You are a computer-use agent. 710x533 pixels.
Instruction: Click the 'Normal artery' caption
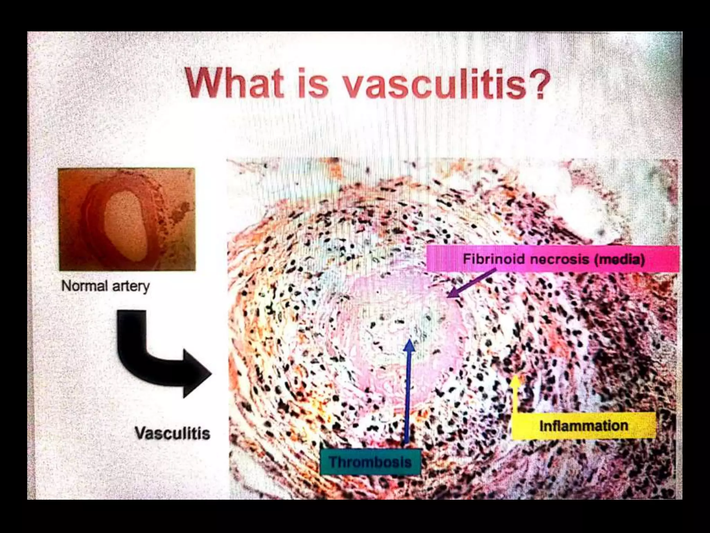pos(105,286)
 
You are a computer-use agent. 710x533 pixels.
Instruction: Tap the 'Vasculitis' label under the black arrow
pos(172,433)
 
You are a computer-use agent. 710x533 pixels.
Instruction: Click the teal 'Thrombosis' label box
pos(370,462)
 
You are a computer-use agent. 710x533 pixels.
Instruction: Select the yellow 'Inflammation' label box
pos(584,426)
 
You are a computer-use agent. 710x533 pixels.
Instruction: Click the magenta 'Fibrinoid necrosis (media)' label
pos(553,259)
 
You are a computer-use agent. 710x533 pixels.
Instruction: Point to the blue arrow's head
pos(410,345)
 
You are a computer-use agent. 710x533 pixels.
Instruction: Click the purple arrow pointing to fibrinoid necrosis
pos(471,283)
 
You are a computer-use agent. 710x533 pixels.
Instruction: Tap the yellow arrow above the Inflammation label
pos(516,392)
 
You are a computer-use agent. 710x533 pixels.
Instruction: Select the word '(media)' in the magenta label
pos(620,259)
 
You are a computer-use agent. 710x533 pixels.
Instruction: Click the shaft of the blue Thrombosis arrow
pos(408,399)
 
